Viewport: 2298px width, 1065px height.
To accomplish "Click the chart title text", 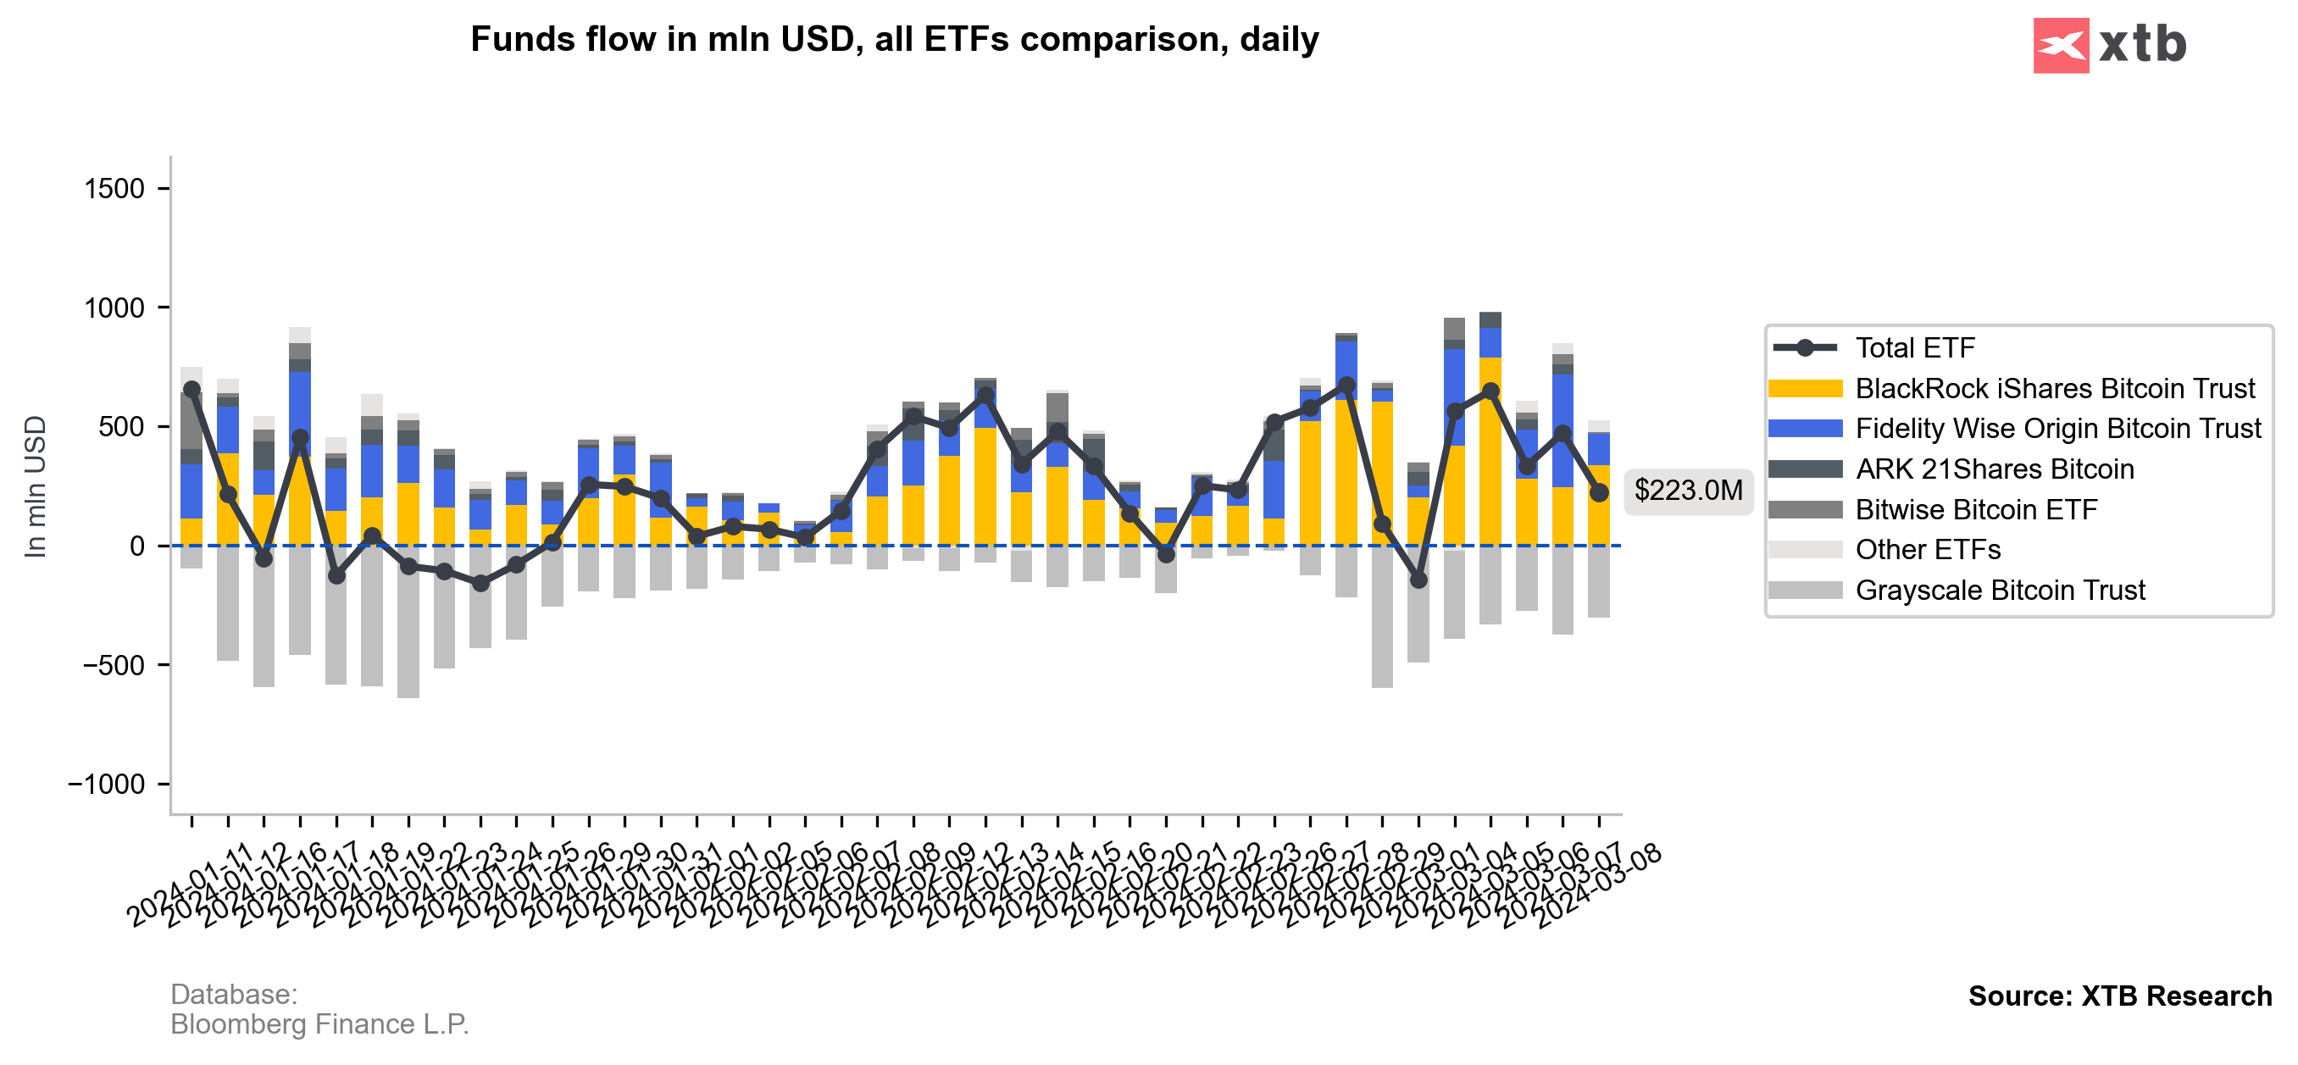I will pos(894,40).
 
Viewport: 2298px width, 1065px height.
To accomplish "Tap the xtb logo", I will pos(2109,45).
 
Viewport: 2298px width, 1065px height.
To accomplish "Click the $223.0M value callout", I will pos(1688,491).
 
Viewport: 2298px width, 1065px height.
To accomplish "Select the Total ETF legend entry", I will pos(1914,348).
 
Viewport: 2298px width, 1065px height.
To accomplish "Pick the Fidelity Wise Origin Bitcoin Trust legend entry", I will pos(2057,429).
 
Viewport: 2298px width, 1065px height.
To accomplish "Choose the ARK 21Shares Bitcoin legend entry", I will pos(1994,469).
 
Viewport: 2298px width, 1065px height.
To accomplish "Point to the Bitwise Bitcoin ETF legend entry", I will pos(1976,509).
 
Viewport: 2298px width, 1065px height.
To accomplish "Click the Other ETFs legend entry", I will pos(1927,550).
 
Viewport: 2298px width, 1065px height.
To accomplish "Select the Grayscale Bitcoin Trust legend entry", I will pos(1999,591).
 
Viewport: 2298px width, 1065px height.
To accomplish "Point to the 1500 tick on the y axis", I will pos(114,189).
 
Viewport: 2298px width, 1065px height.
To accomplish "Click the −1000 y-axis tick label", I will pos(106,785).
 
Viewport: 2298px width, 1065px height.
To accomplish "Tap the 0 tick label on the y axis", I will pos(136,546).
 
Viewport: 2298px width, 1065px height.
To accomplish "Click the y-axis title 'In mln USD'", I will pos(35,487).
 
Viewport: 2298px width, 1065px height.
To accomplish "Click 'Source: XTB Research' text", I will pos(2119,996).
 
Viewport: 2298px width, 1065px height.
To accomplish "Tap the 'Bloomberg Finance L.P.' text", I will pos(319,1025).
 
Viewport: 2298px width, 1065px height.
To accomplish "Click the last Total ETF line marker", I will pos(1599,492).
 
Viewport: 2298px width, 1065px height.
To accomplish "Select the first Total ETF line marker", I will pos(191,390).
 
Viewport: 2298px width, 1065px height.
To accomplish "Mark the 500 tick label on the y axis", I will pos(121,427).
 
